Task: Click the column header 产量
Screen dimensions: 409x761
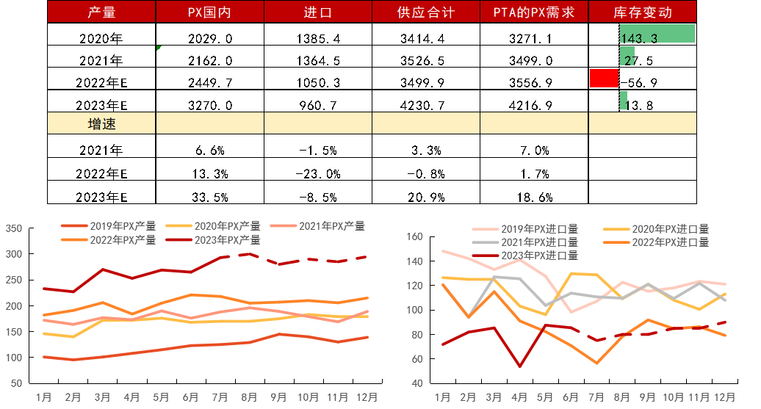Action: point(101,12)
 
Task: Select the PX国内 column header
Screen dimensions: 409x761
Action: point(209,12)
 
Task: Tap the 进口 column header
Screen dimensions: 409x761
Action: point(317,12)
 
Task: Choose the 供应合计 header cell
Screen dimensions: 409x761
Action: point(426,12)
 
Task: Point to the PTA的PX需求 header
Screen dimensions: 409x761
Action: point(534,12)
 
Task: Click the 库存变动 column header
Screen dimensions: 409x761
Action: point(642,12)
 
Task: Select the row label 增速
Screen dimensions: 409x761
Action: point(101,123)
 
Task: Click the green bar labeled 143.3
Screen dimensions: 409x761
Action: point(657,34)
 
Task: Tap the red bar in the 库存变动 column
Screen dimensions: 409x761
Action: point(604,78)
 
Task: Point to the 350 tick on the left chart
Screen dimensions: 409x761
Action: point(14,229)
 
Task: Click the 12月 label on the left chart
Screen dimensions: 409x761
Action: point(367,397)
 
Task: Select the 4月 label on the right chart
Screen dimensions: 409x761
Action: point(519,397)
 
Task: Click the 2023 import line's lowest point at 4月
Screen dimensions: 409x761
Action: point(519,366)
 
